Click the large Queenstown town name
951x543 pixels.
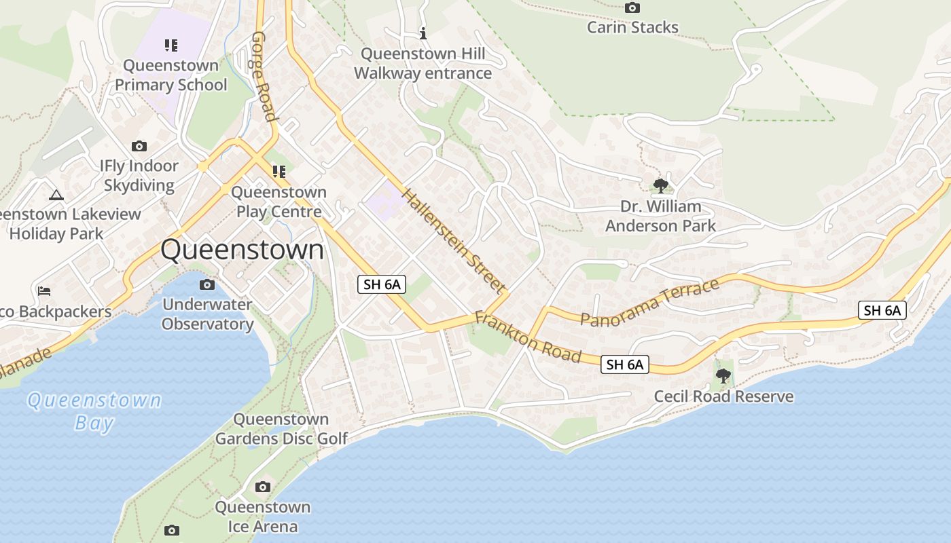[243, 250]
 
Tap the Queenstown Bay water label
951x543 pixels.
[94, 411]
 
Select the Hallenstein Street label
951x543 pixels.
[454, 241]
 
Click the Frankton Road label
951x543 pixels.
[528, 337]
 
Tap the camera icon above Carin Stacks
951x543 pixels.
[632, 8]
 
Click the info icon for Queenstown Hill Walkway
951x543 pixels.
[423, 33]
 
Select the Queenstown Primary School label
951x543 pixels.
[171, 75]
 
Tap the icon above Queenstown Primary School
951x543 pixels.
[171, 45]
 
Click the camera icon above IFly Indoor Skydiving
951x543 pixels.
[139, 146]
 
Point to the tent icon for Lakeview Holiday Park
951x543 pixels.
[56, 195]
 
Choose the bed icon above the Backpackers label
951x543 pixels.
[44, 291]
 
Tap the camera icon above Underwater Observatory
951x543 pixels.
[207, 284]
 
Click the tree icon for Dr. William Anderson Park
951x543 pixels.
[660, 185]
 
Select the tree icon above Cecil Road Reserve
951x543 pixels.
[723, 375]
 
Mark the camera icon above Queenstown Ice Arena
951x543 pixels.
[263, 487]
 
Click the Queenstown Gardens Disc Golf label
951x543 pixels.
[281, 429]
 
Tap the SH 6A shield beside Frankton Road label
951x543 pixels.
[625, 364]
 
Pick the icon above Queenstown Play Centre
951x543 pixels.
[279, 171]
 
